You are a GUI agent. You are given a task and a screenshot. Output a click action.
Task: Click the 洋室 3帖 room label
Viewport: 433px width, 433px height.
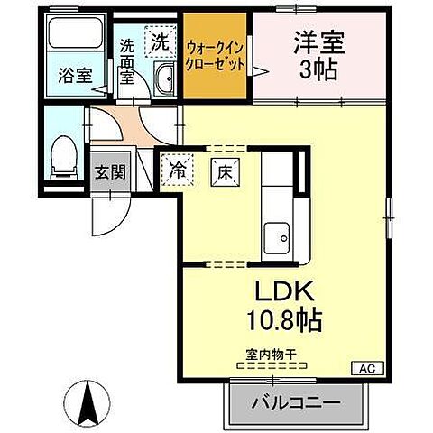click(x=315, y=55)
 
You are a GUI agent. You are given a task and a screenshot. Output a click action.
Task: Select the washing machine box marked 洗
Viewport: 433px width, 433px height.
click(x=160, y=41)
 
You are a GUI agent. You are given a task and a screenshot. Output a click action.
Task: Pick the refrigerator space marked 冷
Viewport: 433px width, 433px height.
click(x=177, y=168)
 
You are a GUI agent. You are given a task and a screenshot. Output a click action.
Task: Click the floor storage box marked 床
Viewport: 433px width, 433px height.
click(x=224, y=168)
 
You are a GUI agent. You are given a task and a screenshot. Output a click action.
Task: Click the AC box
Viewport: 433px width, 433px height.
click(x=366, y=368)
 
